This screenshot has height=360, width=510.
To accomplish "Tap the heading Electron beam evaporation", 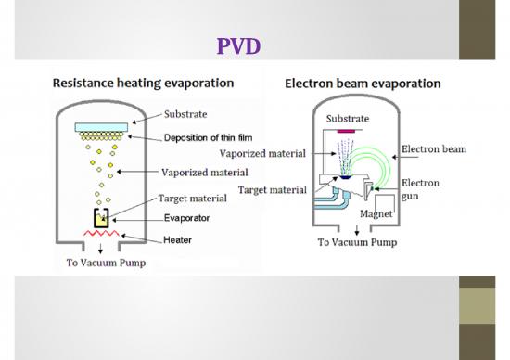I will click(x=362, y=84).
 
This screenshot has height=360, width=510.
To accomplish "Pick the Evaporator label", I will click(x=186, y=218).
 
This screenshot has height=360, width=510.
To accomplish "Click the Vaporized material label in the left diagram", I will click(x=204, y=172).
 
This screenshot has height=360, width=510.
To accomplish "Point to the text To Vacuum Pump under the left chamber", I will click(x=104, y=264).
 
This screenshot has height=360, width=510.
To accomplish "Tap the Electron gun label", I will click(x=420, y=190).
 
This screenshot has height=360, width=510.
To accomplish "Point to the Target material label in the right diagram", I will click(x=273, y=190).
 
